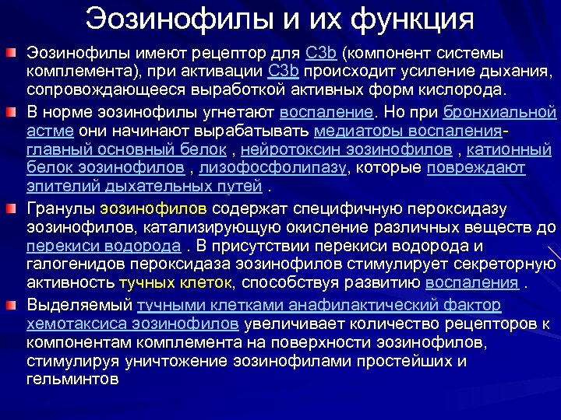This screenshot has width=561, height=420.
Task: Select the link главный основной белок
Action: tap(129, 148)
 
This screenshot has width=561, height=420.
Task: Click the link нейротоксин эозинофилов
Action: tap(348, 148)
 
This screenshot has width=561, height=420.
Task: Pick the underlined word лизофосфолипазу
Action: tap(271, 167)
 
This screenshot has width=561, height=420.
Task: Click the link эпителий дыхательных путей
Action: tap(142, 186)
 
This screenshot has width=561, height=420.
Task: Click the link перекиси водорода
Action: tap(103, 246)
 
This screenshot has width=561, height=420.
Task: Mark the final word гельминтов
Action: tap(72, 381)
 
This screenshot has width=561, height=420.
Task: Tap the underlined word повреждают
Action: tap(481, 167)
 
